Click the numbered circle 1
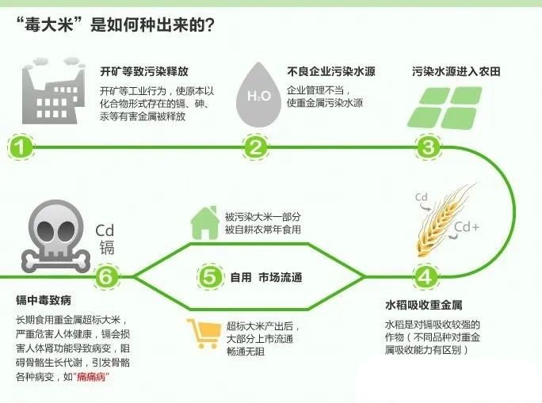click(21, 147)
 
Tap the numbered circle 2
click(255, 147)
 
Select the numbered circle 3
click(428, 147)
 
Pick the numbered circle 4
click(426, 276)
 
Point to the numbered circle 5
click(209, 277)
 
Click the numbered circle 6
click(106, 276)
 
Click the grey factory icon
click(53, 90)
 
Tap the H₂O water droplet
click(258, 94)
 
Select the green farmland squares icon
click(445, 108)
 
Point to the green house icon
click(204, 222)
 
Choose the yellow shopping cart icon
click(204, 333)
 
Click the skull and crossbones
click(56, 236)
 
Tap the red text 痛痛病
click(91, 376)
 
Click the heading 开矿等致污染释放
click(144, 71)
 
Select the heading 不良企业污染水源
click(331, 71)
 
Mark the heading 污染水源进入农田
click(456, 71)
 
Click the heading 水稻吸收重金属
click(424, 306)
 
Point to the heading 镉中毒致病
click(44, 300)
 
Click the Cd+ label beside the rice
click(467, 227)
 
